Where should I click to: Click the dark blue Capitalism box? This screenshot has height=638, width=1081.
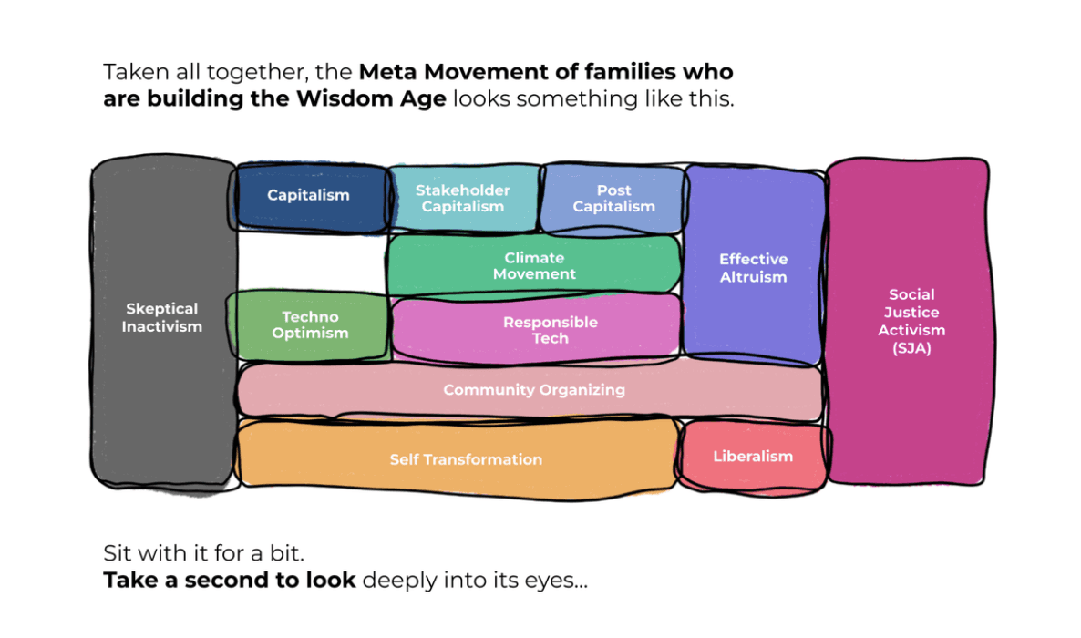point(311,197)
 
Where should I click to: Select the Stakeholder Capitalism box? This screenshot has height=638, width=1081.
point(463,199)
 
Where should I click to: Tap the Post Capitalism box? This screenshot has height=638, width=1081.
point(613,199)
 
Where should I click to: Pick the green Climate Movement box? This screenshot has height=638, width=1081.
point(534,265)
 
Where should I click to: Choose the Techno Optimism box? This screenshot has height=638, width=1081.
point(309,325)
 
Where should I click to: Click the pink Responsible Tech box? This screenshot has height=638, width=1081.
point(536,329)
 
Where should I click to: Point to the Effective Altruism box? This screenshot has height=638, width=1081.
point(754,265)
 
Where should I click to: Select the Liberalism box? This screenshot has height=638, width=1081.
point(754,457)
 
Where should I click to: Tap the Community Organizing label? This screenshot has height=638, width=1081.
point(534,390)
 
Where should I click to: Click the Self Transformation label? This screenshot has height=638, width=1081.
point(466,459)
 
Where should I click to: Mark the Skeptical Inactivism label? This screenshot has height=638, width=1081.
point(162,317)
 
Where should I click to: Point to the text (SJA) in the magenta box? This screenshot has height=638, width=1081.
point(911,348)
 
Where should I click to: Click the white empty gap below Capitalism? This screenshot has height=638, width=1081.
point(312,262)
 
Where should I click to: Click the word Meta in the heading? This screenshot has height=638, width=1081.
point(389,72)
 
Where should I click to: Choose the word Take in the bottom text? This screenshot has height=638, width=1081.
point(131,580)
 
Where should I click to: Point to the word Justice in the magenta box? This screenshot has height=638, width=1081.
point(911,313)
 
